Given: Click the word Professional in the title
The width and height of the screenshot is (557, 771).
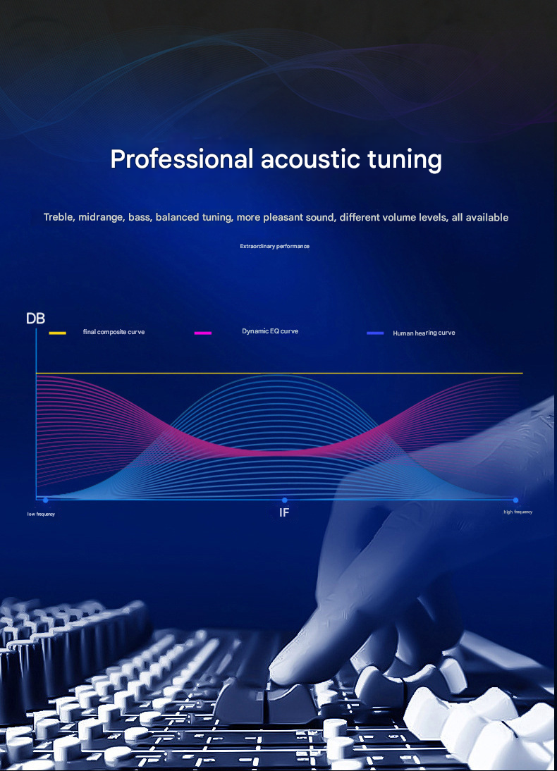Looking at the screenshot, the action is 182,160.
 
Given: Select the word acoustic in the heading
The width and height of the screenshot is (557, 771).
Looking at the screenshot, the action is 310,159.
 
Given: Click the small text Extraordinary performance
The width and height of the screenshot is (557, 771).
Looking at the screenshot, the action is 274,246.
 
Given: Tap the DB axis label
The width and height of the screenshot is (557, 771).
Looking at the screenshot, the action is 35,319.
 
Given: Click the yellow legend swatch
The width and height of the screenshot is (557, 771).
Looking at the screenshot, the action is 58,333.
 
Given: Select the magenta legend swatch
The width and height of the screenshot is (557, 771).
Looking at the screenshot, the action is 203,333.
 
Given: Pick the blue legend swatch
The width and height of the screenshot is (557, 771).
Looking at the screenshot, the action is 375,333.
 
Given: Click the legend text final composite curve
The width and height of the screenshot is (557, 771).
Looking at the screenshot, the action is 114,332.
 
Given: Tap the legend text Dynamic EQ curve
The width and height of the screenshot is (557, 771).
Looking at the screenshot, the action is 270,331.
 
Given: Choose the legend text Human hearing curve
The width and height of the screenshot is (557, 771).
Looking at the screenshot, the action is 424,333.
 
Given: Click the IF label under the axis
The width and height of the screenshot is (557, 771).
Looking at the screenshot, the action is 284,512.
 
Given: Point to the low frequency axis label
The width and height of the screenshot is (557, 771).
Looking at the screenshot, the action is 41,514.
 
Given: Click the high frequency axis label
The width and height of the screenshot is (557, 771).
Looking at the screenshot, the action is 518,512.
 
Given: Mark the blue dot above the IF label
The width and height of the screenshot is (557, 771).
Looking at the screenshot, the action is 284,500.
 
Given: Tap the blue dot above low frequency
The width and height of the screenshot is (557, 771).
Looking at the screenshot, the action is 46,500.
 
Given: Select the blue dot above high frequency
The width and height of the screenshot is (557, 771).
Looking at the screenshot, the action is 515,500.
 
